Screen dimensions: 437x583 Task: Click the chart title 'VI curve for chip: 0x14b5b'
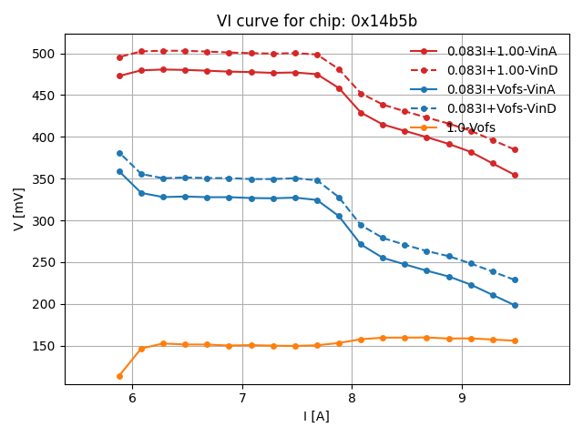317,21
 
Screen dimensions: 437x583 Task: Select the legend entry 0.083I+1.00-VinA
502,51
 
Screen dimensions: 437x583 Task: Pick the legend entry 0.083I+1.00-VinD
502,70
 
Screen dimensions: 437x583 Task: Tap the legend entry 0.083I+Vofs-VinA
501,89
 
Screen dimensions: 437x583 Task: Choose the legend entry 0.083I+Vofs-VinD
501,108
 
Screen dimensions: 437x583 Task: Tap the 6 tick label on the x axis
132,398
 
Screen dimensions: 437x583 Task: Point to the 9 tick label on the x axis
462,398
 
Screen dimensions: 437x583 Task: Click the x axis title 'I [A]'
317,416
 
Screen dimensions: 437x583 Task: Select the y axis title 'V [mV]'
19,209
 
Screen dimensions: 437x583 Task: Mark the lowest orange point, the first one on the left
119,376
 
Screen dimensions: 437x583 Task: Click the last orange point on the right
515,340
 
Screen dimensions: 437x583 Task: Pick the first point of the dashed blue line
119,153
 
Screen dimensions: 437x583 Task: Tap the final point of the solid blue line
515,305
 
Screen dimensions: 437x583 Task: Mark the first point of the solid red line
119,76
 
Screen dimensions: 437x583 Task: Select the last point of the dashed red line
515,149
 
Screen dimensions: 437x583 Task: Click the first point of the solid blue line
119,171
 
